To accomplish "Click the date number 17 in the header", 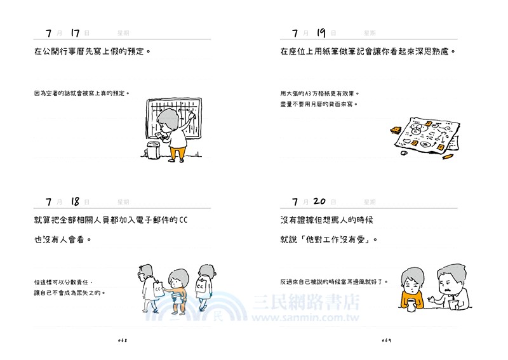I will [75, 32].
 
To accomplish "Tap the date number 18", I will [75, 201].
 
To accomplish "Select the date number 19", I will [321, 32].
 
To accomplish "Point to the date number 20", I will [320, 201].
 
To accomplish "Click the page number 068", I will [124, 340].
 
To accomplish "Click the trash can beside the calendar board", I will [152, 150].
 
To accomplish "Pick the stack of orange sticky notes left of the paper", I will [395, 130].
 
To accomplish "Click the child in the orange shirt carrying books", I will [178, 289].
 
